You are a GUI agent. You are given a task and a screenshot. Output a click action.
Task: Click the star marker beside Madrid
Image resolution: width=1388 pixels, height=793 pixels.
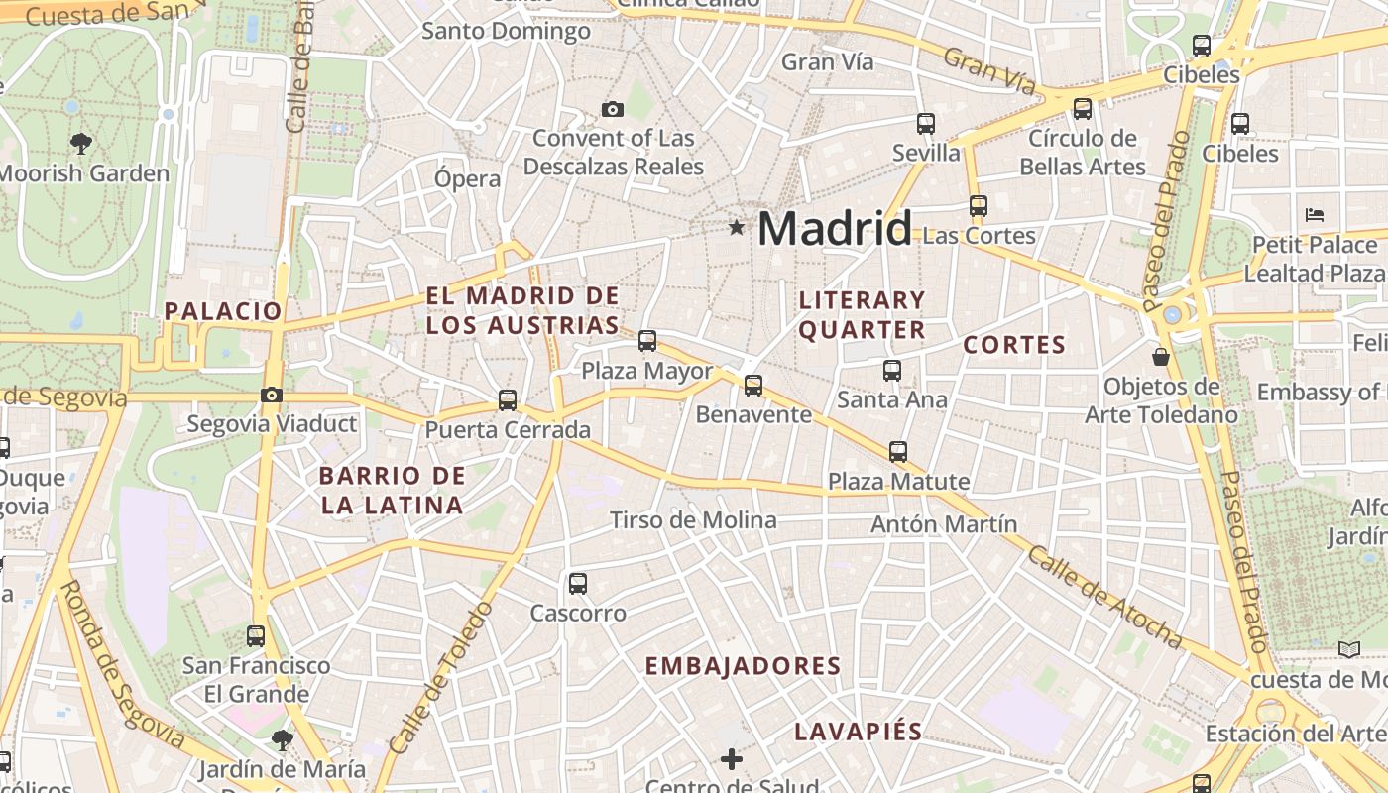(x=736, y=228)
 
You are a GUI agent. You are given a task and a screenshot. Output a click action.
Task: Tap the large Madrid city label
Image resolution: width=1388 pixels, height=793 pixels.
(x=834, y=229)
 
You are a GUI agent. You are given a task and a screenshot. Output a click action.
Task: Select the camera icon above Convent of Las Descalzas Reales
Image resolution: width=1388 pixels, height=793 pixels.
(x=613, y=109)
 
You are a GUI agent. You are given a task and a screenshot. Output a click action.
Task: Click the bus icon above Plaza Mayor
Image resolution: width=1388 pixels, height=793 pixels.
(x=647, y=341)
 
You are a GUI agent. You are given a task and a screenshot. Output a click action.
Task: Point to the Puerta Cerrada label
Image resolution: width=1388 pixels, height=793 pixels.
(x=508, y=430)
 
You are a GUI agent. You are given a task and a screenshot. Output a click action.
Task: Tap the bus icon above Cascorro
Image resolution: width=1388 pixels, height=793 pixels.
(x=578, y=584)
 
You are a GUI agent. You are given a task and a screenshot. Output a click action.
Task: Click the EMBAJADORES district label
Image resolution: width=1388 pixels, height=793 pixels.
(x=743, y=666)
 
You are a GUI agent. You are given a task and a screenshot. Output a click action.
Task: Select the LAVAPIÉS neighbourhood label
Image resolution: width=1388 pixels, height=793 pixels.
(x=859, y=733)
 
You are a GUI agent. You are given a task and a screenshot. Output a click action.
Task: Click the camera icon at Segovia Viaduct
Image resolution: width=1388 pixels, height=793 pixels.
(x=271, y=396)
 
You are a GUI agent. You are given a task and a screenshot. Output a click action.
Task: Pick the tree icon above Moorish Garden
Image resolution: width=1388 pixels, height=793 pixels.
(x=81, y=144)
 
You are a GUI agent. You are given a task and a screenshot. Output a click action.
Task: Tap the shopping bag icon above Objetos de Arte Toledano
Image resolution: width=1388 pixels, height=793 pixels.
(x=1161, y=357)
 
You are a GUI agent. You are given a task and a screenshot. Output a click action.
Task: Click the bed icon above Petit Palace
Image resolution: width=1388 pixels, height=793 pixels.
(x=1315, y=214)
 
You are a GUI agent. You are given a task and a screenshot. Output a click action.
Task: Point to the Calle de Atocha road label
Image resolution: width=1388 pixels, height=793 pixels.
(x=1104, y=598)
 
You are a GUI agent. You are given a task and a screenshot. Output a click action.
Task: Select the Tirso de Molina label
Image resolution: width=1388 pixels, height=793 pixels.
(x=693, y=520)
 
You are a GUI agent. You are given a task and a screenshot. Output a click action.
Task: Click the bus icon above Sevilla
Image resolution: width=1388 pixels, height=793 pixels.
(x=926, y=124)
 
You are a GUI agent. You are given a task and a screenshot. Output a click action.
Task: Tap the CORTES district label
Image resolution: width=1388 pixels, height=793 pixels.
(x=1014, y=345)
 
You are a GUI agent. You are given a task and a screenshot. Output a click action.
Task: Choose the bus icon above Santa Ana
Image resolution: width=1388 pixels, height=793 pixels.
(x=892, y=371)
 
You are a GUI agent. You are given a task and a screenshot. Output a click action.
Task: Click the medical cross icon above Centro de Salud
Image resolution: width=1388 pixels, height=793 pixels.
(x=732, y=759)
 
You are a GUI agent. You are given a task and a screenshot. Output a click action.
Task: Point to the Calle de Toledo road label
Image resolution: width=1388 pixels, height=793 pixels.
(x=440, y=678)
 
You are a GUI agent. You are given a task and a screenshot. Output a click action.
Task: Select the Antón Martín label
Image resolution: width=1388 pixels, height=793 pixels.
(x=944, y=524)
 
